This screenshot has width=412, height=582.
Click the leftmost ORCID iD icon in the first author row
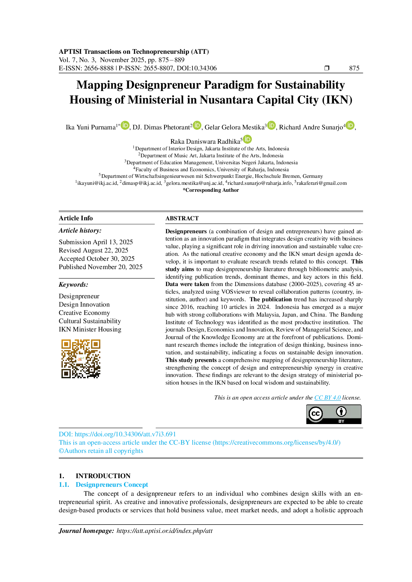tap(125, 125)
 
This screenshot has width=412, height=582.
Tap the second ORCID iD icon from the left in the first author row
tap(197, 125)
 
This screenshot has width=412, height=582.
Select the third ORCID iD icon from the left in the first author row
tap(271, 125)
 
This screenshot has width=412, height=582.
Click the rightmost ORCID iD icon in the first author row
tap(350, 125)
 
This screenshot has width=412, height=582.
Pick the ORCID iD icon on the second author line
tap(247, 139)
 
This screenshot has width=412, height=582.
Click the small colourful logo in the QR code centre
tap(81, 359)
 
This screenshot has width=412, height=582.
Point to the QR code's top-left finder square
tap(66, 344)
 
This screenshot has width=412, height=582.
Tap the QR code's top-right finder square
tap(96, 344)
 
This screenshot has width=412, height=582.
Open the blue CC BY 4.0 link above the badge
tap(327, 398)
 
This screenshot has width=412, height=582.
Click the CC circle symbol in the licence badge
tap(315, 413)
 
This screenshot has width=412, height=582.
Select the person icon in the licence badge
tap(341, 412)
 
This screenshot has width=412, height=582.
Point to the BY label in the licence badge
tap(341, 421)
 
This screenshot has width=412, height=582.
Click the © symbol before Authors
tap(61, 451)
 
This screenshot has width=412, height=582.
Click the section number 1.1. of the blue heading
tap(63, 484)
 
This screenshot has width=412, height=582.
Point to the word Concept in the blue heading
tap(136, 484)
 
